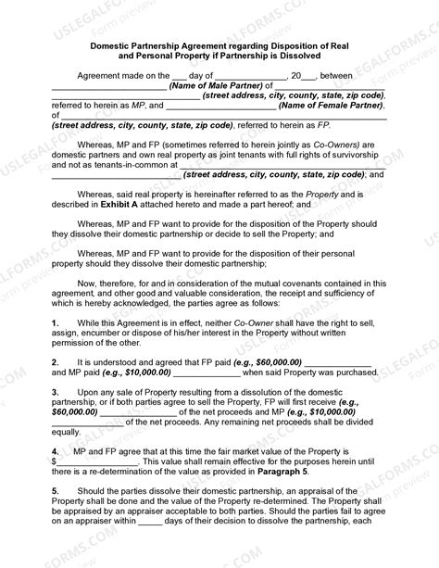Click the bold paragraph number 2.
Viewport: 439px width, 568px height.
tap(56, 361)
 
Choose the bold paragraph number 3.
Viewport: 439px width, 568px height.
tap(56, 393)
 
